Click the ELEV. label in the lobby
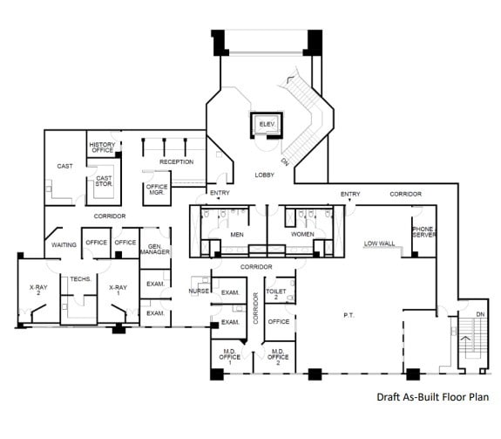[266, 126]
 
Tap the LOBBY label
[265, 175]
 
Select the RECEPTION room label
[176, 161]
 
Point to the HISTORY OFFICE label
[102, 148]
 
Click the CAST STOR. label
[104, 182]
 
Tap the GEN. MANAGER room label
[155, 249]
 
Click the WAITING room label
[63, 244]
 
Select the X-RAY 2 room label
[37, 290]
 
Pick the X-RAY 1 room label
[118, 290]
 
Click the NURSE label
[199, 292]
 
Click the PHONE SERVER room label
[423, 232]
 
